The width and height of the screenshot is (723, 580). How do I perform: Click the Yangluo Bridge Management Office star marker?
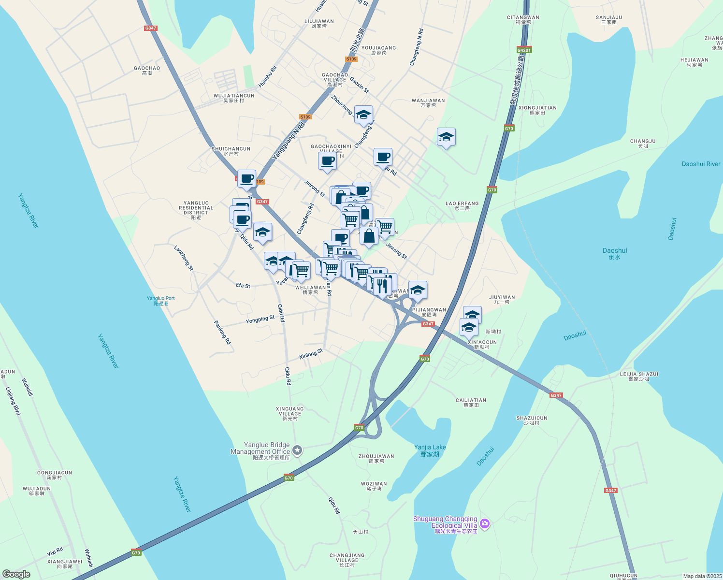click(x=297, y=450)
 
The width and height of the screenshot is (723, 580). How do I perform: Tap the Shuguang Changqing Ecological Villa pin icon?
click(x=485, y=523)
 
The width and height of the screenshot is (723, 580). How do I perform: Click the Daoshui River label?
click(x=701, y=164)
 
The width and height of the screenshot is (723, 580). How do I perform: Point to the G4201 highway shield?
click(x=524, y=50)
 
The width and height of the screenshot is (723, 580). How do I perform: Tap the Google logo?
click(x=16, y=574)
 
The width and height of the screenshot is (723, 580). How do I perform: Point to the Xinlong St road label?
click(x=311, y=354)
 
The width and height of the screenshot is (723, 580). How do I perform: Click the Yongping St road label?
click(x=260, y=319)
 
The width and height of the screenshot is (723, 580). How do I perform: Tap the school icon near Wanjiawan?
click(x=446, y=137)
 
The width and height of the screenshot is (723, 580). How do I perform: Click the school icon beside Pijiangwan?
click(x=418, y=290)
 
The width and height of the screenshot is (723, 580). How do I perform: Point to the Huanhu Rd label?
click(x=267, y=76)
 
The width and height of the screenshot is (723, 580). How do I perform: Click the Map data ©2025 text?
click(x=702, y=576)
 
